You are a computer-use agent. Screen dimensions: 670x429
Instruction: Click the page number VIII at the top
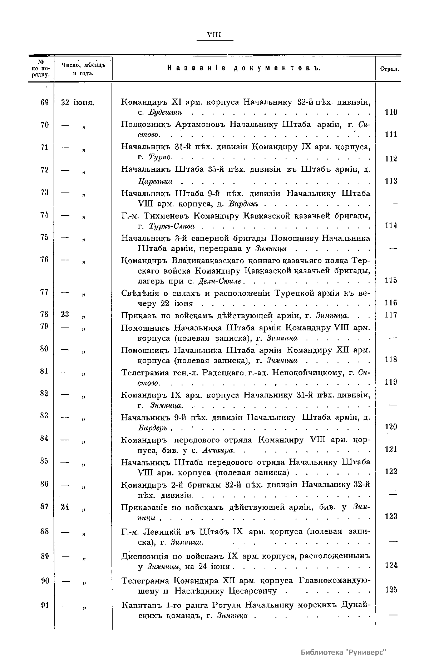pyautogui.click(x=214, y=35)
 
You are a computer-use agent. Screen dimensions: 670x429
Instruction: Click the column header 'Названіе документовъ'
pyautogui.click(x=244, y=69)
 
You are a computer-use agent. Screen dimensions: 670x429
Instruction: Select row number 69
pyautogui.click(x=44, y=102)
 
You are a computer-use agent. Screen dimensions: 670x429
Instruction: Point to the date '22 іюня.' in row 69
pyautogui.click(x=77, y=102)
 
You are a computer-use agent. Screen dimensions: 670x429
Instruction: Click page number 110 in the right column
pyautogui.click(x=391, y=112)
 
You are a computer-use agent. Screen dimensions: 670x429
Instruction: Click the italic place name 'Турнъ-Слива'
pyautogui.click(x=172, y=226)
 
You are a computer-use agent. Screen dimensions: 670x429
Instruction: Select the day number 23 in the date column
pyautogui.click(x=65, y=314)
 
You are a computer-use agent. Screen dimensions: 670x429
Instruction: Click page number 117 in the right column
pyautogui.click(x=391, y=315)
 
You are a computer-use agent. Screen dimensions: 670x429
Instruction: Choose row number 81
pyautogui.click(x=44, y=371)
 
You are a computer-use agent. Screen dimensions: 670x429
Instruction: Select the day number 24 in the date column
pyautogui.click(x=65, y=507)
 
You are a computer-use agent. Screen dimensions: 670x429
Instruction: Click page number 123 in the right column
pyautogui.click(x=391, y=516)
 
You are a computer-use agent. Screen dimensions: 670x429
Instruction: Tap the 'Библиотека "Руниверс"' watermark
pyautogui.click(x=344, y=652)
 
